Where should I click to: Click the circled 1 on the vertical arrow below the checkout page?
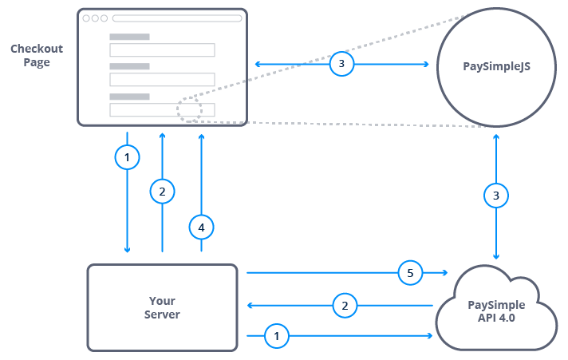pos(126,158)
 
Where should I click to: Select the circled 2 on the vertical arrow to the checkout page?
pos(162,192)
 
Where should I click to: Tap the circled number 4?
pos(201,227)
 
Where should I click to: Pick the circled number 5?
pos(410,273)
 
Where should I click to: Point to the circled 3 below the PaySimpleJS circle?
pos(497,195)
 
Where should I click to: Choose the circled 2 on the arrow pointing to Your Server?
pos(345,305)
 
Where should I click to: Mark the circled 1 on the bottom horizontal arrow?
pos(277,337)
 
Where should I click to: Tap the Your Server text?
pos(163,307)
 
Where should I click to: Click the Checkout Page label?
pos(37,55)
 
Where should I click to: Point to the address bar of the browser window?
pos(176,18)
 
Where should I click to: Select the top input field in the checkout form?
pos(162,50)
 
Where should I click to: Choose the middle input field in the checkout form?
pos(162,80)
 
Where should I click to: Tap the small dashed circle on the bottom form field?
pos(190,110)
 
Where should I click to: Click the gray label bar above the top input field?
pos(129,37)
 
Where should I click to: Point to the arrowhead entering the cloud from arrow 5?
pos(444,273)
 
